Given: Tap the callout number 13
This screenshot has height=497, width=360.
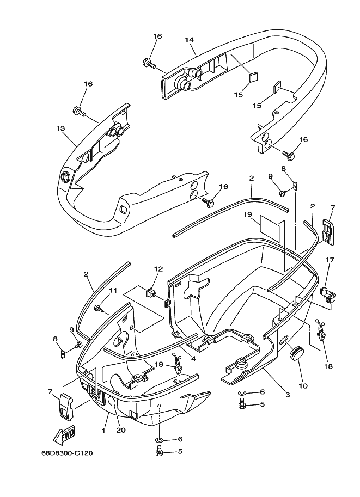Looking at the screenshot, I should pos(60,128).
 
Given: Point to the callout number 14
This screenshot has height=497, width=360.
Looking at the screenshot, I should pos(189,40).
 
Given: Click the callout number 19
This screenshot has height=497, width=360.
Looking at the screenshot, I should pos(248,214).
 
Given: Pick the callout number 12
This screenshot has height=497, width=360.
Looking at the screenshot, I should pos(158,269).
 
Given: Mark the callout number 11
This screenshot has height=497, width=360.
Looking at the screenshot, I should pos(113,291).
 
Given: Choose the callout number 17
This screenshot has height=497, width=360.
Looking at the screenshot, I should pos(329,260).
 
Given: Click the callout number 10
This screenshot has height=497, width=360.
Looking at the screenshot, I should pos(303,386).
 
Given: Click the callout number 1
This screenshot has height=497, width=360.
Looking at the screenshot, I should pos(103,430).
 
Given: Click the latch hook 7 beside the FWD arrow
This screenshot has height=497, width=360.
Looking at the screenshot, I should pos(66,405).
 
